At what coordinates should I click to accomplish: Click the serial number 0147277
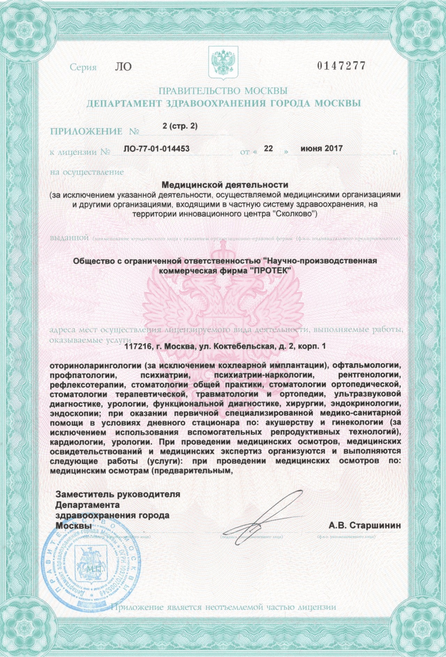pyautogui.click(x=341, y=66)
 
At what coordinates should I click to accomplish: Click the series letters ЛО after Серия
pyautogui.click(x=123, y=66)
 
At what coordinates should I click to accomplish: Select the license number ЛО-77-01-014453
pyautogui.click(x=156, y=149)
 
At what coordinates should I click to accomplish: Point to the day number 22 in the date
pyautogui.click(x=268, y=149)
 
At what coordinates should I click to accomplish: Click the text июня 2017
pyautogui.click(x=321, y=149)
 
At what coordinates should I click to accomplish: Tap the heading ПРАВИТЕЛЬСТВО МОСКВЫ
pyautogui.click(x=223, y=91)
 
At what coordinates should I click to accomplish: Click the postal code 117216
pyautogui.click(x=137, y=347)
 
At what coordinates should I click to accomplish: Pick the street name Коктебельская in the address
pyautogui.click(x=242, y=347)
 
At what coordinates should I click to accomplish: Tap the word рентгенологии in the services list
pyautogui.click(x=369, y=375)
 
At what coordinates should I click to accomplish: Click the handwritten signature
pyautogui.click(x=261, y=519)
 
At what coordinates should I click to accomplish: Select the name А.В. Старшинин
pyautogui.click(x=364, y=525)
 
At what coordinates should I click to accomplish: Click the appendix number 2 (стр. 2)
pyautogui.click(x=180, y=126)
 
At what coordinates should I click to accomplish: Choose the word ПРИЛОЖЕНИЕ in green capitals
pyautogui.click(x=86, y=132)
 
